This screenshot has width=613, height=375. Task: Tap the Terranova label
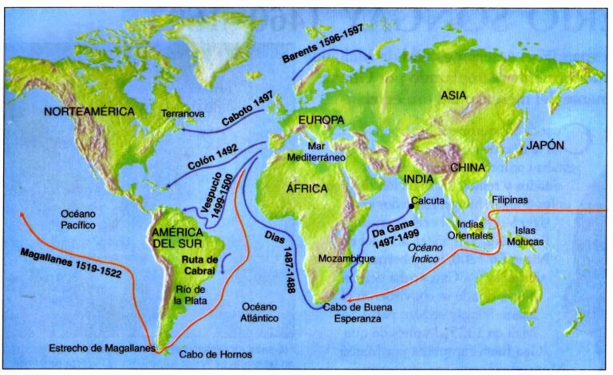pos(182,114)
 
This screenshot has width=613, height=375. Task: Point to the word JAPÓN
pos(544,145)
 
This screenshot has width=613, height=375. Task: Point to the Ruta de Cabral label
pos(199,265)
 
